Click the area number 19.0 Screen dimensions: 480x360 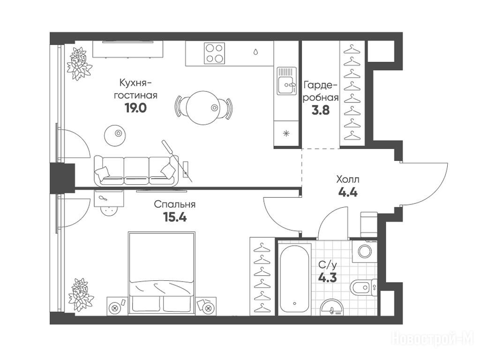pos(135,108)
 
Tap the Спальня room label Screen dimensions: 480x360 pos(175,204)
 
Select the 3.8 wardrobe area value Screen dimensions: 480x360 pos(321,110)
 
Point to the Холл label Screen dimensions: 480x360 pos(348,180)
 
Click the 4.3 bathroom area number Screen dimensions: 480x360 pos(328,277)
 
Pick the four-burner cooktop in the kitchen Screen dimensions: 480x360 pos(214,53)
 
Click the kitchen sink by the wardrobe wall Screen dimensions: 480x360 pos(287,81)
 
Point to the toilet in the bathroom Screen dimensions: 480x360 pos(363,288)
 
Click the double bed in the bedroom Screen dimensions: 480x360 pos(162,273)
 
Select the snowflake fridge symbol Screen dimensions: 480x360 pos(286,133)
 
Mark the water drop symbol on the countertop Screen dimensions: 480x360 pos(255,52)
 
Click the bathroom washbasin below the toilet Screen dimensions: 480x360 pos(332,307)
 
